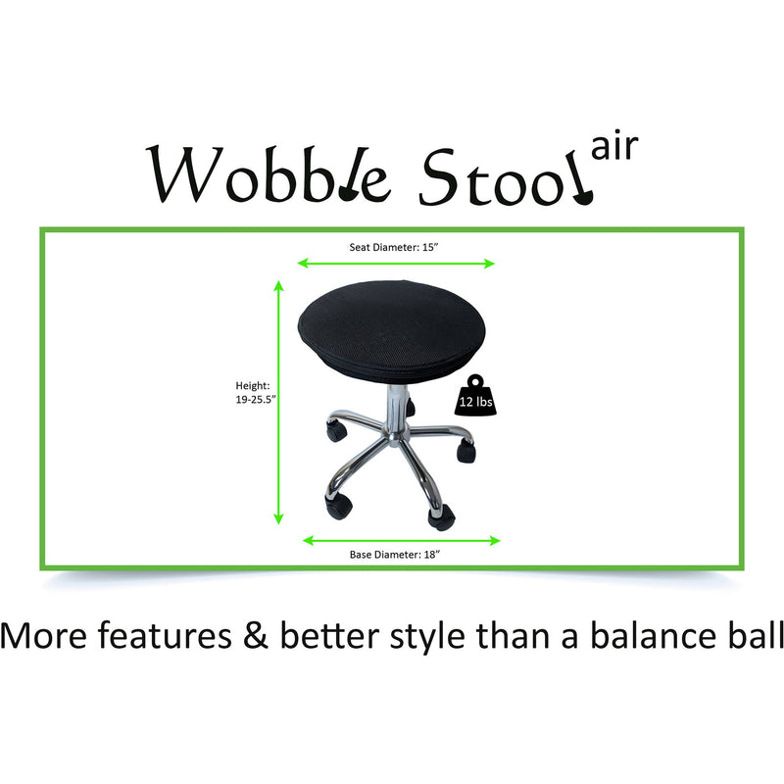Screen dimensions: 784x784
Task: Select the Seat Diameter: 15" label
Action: (396, 247)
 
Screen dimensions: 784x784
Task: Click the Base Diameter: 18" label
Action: (396, 555)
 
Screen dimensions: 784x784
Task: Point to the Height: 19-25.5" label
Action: (252, 392)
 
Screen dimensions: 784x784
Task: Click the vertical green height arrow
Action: (279, 402)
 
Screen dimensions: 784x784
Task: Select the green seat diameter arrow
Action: (396, 263)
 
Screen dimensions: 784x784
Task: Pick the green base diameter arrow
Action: (402, 540)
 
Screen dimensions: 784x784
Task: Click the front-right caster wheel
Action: (440, 515)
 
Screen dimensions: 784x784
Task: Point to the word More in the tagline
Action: (44, 637)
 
